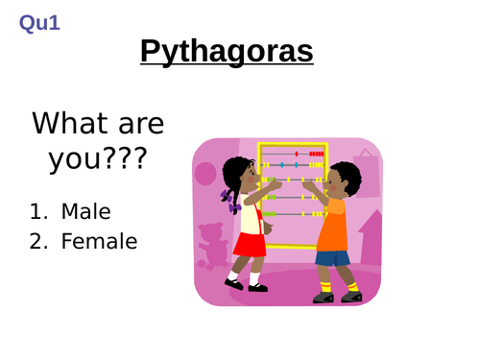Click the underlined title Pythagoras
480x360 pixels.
227,51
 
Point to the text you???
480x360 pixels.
97,158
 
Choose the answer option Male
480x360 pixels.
85,210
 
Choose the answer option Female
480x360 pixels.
99,241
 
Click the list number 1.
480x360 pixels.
36,210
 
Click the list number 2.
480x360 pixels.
36,241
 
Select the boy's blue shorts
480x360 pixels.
333,256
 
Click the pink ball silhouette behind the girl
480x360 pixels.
204,174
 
